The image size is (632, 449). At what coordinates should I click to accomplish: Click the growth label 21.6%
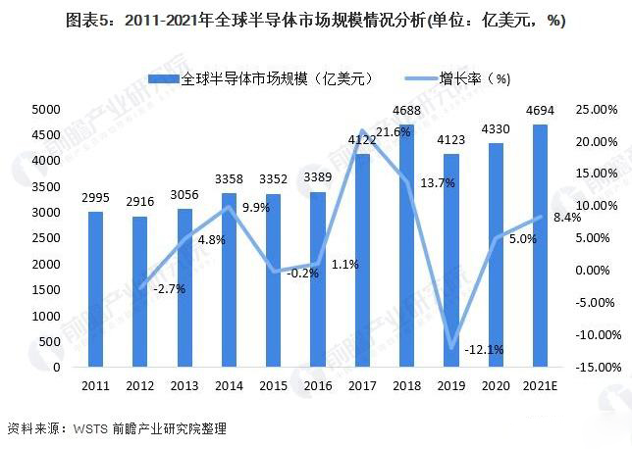(393, 131)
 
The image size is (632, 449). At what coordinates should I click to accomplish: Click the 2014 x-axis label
(228, 384)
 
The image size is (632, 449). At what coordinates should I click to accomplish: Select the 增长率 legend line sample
(401, 77)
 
